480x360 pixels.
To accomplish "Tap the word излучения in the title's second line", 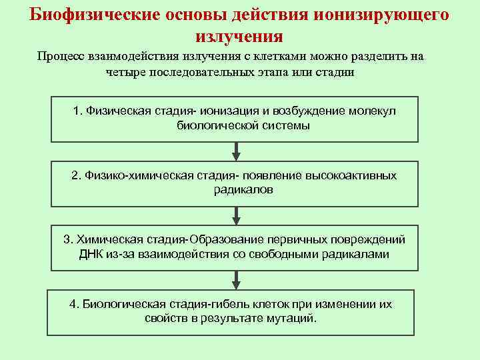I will click(240, 36).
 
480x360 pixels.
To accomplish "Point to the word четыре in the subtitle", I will click(125, 72).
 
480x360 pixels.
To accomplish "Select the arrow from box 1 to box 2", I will click(235, 151).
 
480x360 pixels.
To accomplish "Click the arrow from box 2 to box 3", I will click(235, 215).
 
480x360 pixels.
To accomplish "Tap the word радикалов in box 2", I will click(244, 189).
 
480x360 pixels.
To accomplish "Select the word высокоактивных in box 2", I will click(351, 175).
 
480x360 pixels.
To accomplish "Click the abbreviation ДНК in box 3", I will click(91, 253).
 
